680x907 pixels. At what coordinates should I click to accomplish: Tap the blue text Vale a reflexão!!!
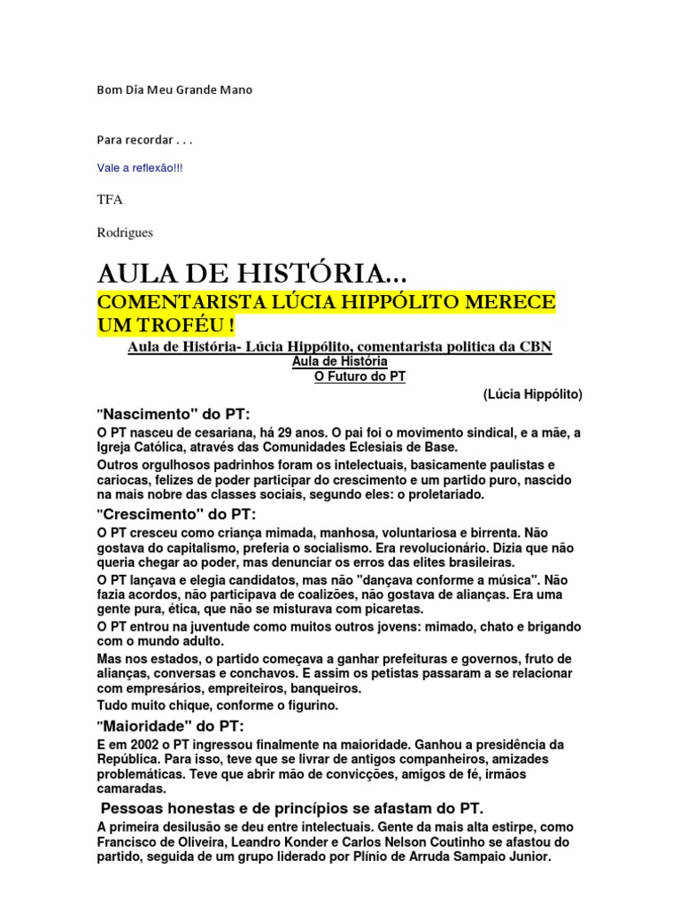click(x=140, y=167)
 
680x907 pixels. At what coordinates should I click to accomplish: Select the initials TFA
click(x=109, y=199)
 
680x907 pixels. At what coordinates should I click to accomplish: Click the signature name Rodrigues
click(x=125, y=232)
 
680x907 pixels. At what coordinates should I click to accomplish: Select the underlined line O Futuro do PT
click(x=360, y=376)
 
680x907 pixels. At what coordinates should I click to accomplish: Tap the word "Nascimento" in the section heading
click(x=145, y=414)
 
